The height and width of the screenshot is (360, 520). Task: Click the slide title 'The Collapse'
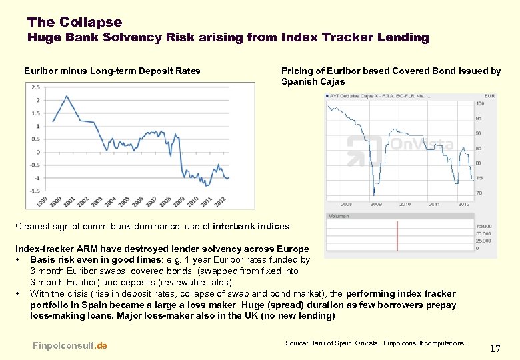(x=75, y=22)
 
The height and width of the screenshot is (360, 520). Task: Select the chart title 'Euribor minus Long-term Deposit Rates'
(x=112, y=71)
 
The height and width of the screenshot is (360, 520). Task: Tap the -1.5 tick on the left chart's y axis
(x=33, y=191)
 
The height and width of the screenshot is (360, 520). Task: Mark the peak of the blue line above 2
(x=67, y=96)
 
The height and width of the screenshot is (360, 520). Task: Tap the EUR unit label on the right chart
(x=489, y=96)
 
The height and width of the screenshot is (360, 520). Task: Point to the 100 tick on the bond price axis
(x=480, y=103)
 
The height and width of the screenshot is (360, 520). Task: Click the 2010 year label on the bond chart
(x=404, y=204)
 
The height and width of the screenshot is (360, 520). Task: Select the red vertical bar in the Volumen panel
(x=397, y=235)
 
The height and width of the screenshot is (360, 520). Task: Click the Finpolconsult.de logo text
(x=69, y=345)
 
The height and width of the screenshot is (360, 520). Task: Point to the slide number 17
(x=495, y=348)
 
